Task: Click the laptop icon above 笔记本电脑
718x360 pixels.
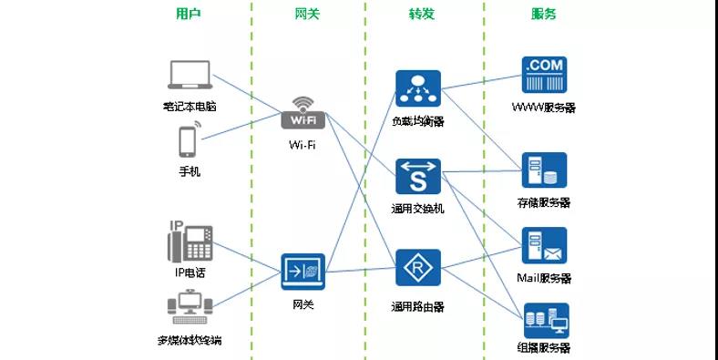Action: click(190, 77)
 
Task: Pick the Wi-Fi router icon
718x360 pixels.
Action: click(303, 114)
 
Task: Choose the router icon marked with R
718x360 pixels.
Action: click(418, 270)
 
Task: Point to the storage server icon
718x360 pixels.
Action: click(544, 170)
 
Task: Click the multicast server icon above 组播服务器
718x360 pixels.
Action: click(546, 320)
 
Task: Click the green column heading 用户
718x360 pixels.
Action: click(189, 14)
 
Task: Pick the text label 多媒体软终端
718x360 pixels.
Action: click(189, 342)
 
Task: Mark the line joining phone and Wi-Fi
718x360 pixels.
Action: click(241, 128)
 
